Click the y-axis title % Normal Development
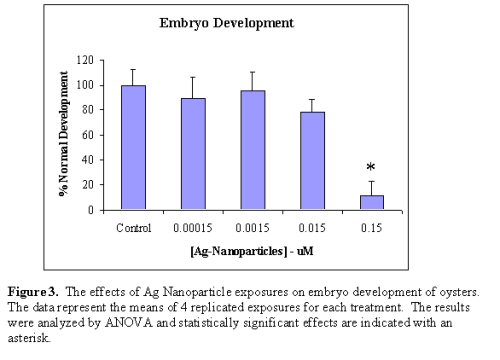point(62,135)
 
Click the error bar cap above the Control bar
point(133,69)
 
